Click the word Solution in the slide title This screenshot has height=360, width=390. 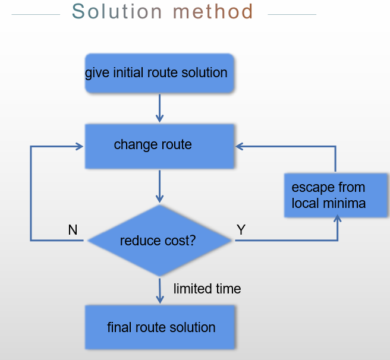117,11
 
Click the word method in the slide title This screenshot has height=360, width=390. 213,11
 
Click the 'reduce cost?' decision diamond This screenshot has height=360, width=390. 159,241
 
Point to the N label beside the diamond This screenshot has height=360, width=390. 73,230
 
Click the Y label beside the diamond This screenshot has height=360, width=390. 241,230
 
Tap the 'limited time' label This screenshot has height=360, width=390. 207,289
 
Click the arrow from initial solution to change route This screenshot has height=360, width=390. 159,108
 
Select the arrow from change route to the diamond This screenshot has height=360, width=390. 159,187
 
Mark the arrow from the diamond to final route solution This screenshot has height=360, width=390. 159,290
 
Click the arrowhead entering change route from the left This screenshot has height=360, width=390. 78,146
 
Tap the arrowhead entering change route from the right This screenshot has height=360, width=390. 239,146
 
